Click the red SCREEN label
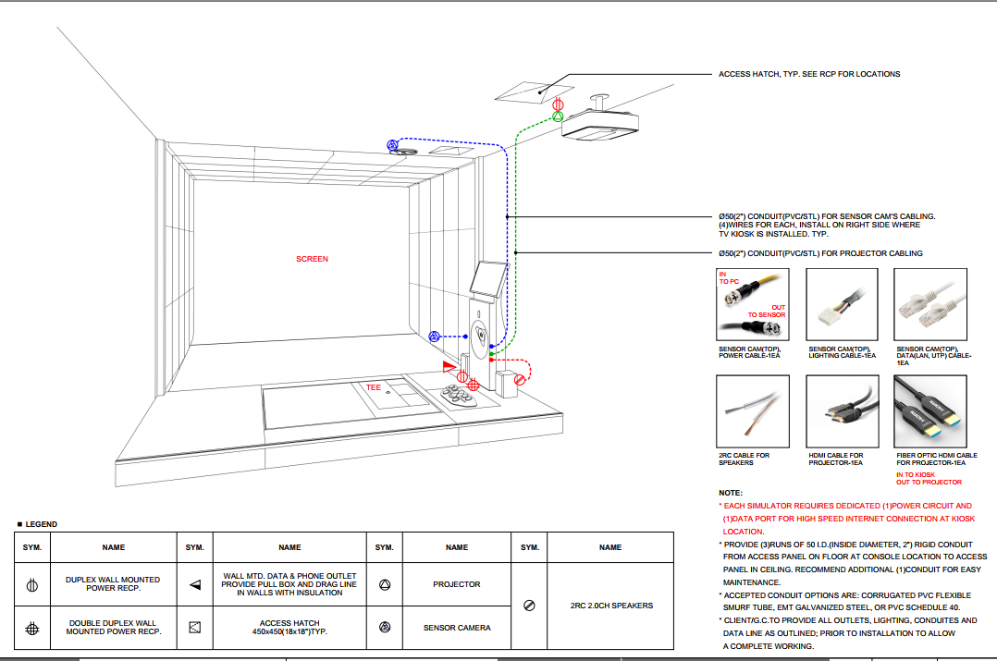(312, 259)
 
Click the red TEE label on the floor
(374, 387)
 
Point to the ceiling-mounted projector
(599, 122)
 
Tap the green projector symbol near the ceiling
(558, 116)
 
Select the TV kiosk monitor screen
(489, 279)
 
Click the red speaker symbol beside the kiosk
(520, 380)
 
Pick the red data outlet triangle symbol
(449, 366)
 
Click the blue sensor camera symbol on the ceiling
(393, 145)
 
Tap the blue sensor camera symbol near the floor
(435, 337)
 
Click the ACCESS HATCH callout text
(808, 74)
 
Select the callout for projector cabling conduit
(820, 253)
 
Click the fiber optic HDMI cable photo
(930, 411)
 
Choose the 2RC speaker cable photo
(753, 411)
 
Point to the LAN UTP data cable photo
(930, 304)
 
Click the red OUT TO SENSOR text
(767, 311)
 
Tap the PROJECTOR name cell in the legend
(457, 584)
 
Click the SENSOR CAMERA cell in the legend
(457, 628)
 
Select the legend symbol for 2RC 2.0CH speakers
(529, 606)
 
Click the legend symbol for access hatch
(195, 628)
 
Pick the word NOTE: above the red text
(731, 493)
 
